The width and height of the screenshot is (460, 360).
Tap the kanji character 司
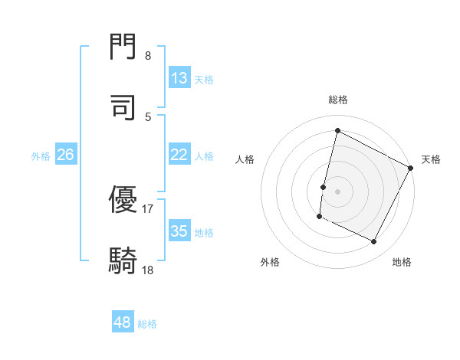coord(123,108)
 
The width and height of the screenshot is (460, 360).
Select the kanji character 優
coord(123,201)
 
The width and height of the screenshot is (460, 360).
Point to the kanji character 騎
coord(123,260)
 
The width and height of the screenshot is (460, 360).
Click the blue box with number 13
coord(179,78)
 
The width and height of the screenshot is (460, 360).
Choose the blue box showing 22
coord(179,155)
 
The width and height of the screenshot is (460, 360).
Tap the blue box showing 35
coord(179,231)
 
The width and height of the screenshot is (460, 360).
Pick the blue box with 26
coord(65,155)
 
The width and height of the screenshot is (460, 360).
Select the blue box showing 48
coord(123,322)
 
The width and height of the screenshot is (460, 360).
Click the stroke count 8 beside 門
coord(148,55)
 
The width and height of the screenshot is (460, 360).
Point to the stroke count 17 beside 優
coord(148,208)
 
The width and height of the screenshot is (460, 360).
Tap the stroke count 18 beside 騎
coord(148,269)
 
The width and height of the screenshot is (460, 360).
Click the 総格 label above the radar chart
coord(338,100)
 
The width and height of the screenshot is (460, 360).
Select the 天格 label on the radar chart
coord(431,159)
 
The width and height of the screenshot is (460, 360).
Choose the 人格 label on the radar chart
coord(245,159)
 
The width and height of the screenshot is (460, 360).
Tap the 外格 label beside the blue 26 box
coord(41,155)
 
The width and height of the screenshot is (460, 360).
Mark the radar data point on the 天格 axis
coord(411,168)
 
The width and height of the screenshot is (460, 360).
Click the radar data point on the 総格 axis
coord(338,130)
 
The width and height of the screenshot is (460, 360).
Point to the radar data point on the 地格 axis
coord(374,242)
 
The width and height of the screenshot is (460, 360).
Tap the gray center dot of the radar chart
coord(338,191)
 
